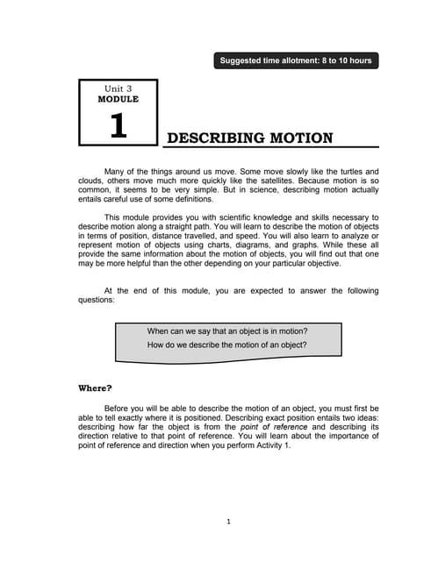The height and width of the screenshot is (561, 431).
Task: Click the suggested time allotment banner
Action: pos(296,60)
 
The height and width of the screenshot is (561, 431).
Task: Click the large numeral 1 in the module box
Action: pos(118,125)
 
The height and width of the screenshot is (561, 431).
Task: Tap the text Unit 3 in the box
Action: pos(118,89)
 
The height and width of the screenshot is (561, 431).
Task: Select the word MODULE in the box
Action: pos(118,100)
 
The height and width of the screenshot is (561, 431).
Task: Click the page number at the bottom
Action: pos(228,522)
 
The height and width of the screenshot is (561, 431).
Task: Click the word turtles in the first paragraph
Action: pos(339,171)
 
